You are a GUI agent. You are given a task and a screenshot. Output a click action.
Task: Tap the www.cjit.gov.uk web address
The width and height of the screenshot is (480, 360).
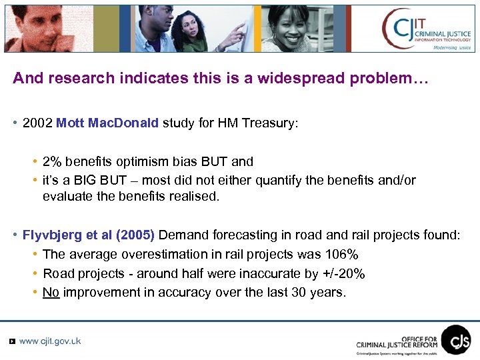click(50, 341)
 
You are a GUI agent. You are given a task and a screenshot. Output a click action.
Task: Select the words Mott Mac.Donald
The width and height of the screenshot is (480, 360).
click(107, 123)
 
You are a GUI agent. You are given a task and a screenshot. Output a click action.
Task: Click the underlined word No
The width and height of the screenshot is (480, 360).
click(51, 292)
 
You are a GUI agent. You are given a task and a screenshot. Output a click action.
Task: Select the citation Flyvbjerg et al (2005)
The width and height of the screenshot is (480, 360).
click(88, 235)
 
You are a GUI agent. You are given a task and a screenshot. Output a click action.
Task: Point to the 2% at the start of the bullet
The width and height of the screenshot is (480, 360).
click(51, 161)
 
